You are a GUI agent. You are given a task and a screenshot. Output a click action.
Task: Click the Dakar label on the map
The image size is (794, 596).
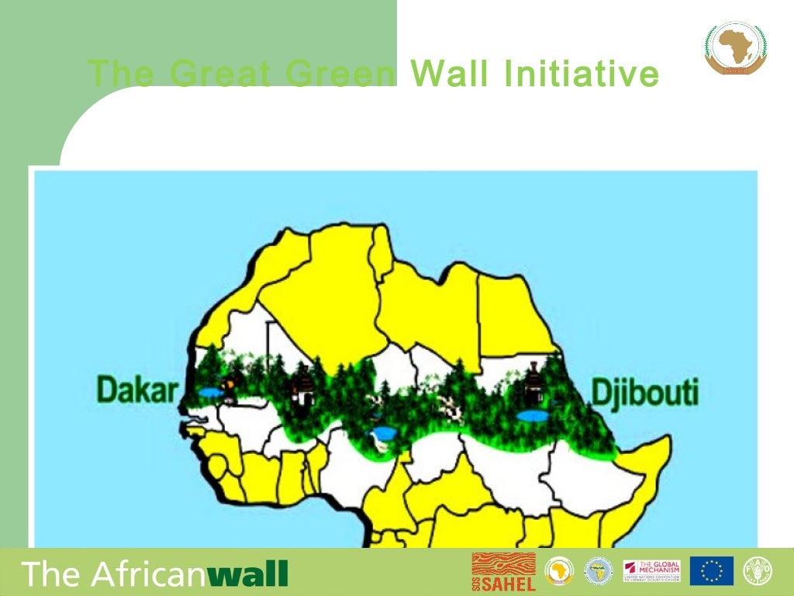click(x=137, y=390)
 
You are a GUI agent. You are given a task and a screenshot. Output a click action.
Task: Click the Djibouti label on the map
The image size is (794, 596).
click(x=645, y=393)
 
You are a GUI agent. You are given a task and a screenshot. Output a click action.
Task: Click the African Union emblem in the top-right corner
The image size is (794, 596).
click(x=734, y=48)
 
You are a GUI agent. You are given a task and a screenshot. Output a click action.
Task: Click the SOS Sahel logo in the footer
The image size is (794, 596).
click(x=503, y=572)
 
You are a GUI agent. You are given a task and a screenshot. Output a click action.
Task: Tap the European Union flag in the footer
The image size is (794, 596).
click(x=711, y=571)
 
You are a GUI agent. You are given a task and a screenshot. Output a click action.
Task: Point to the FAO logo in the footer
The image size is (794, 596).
click(x=758, y=571)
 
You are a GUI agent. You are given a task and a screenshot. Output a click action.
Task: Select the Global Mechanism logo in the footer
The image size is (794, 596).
click(x=651, y=571)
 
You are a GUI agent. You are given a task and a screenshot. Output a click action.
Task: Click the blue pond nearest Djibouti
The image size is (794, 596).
click(x=531, y=417)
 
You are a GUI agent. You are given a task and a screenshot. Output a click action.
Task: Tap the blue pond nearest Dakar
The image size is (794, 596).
click(x=209, y=393)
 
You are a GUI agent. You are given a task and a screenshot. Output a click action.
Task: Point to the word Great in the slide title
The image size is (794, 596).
click(x=220, y=74)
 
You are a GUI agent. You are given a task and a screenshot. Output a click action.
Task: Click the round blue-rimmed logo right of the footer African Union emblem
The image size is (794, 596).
click(x=598, y=571)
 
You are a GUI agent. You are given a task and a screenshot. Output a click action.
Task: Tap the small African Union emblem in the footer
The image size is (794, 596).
click(x=557, y=571)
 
